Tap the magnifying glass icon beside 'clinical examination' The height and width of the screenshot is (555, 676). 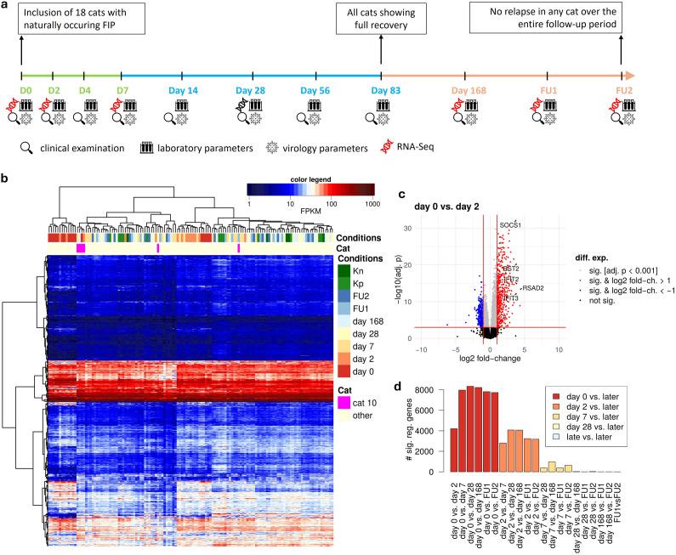pyautogui.click(x=27, y=147)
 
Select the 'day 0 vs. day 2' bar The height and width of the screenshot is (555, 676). pyautogui.click(x=453, y=450)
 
